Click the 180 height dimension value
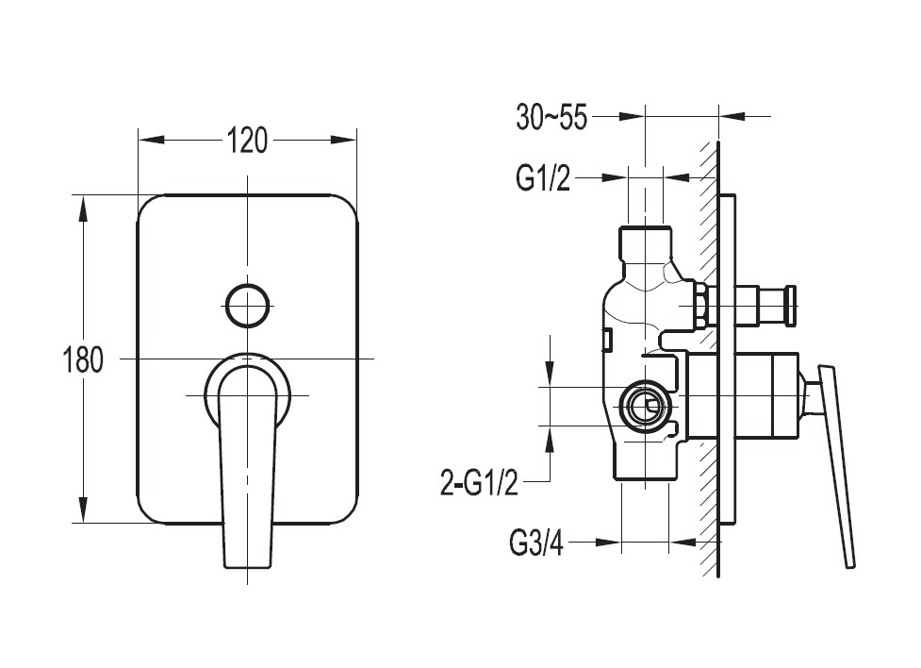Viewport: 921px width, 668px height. click(x=82, y=359)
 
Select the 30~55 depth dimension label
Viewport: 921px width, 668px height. click(x=551, y=117)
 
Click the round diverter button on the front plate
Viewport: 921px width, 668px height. click(x=248, y=305)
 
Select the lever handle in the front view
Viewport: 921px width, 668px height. click(x=247, y=464)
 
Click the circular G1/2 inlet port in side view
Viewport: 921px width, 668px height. click(x=645, y=407)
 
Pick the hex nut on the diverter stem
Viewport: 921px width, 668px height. click(x=700, y=306)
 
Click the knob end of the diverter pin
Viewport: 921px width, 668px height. click(x=791, y=305)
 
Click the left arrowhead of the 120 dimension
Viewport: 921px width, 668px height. click(x=151, y=140)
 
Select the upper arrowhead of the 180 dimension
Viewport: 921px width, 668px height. click(x=83, y=209)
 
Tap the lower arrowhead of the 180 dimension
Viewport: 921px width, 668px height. click(x=83, y=509)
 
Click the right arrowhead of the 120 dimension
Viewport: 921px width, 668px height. click(x=344, y=140)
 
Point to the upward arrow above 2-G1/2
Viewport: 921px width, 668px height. click(x=550, y=438)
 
